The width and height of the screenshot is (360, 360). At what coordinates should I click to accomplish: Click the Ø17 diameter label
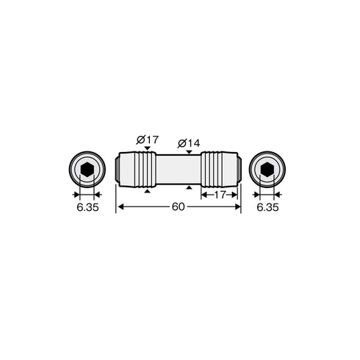tap(148, 139)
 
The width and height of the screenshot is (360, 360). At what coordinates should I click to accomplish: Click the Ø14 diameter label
tap(190, 142)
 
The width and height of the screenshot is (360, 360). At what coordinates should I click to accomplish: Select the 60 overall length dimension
tap(178, 207)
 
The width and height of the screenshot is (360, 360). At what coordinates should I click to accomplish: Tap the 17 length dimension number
tap(219, 195)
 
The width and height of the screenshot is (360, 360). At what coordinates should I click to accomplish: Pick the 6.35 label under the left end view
tap(87, 208)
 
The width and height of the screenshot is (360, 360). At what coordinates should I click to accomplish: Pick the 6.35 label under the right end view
tap(267, 208)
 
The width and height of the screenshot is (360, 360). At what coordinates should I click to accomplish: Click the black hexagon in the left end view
tap(87, 170)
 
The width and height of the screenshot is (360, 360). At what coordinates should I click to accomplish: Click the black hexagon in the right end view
tap(267, 170)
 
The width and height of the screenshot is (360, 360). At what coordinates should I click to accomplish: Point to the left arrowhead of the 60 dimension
tap(120, 207)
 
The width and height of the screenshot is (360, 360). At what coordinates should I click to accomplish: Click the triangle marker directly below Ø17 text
tap(148, 148)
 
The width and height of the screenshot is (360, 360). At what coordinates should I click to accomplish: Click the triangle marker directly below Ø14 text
tap(190, 151)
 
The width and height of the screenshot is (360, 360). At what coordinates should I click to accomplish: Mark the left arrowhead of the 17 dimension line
tap(204, 195)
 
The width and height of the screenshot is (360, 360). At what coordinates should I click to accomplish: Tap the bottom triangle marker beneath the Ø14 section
tap(190, 189)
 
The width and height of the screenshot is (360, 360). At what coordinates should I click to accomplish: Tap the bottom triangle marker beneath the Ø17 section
tap(148, 191)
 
